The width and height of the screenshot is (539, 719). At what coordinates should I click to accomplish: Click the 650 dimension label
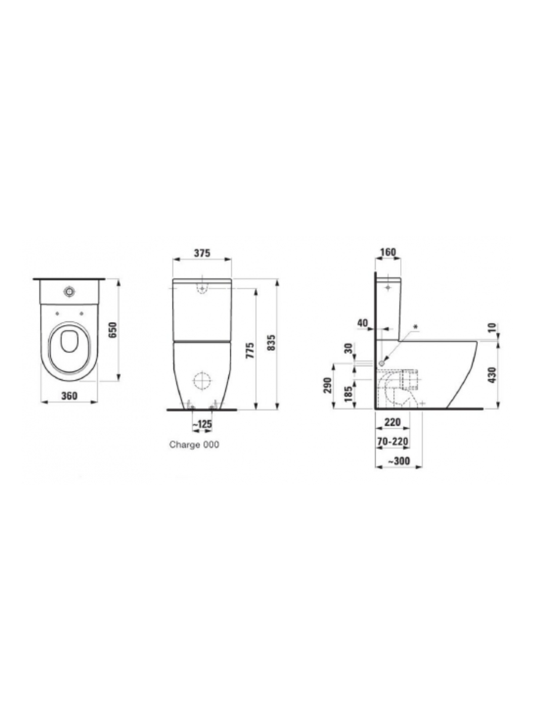(x=112, y=330)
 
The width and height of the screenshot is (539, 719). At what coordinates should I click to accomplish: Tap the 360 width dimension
(x=69, y=396)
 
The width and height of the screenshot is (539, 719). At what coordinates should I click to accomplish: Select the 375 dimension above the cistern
(x=202, y=253)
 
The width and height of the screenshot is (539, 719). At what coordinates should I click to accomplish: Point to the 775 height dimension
(x=250, y=350)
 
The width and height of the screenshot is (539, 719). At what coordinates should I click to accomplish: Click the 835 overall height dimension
(x=272, y=343)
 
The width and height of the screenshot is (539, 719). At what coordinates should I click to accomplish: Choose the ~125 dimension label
(x=202, y=425)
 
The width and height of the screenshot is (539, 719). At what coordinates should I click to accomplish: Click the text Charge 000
(x=194, y=445)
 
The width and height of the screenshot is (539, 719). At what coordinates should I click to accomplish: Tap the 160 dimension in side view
(x=388, y=252)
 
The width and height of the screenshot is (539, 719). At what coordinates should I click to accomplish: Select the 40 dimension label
(x=362, y=323)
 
